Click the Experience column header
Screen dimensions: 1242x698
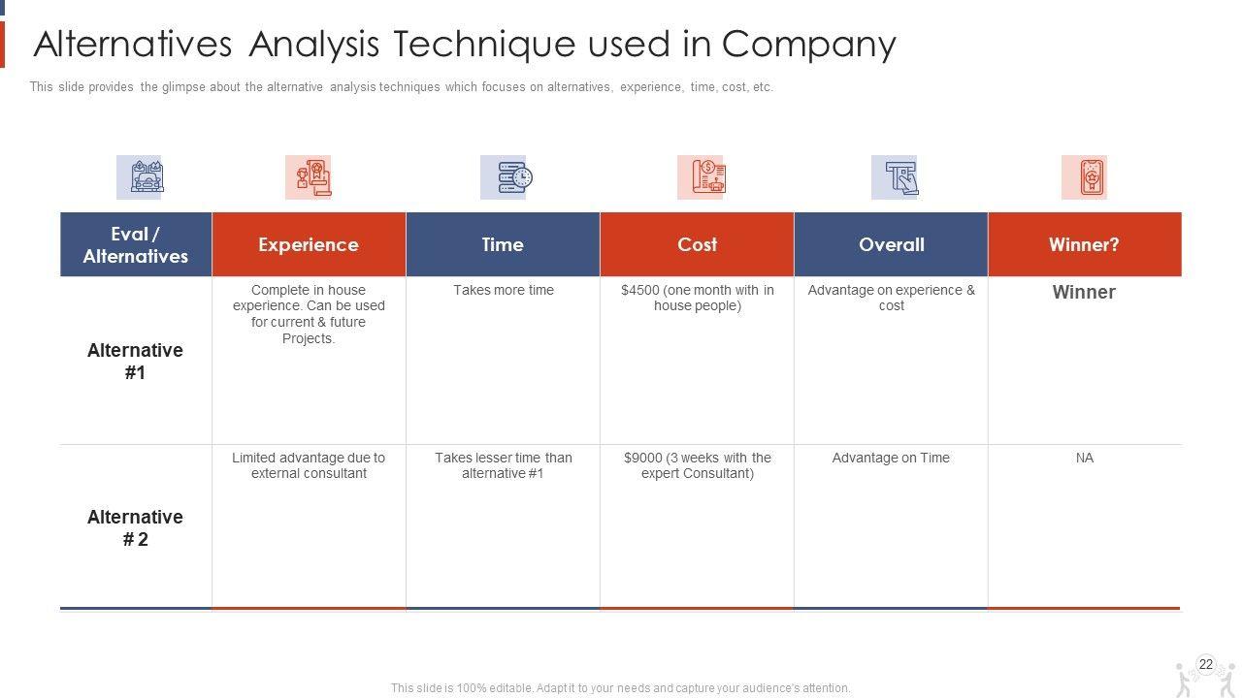[x=309, y=244]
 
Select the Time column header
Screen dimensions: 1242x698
[x=503, y=244]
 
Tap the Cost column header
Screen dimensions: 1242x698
[x=697, y=244]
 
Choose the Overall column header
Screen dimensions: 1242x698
[x=891, y=244]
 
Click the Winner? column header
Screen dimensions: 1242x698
[x=1085, y=244]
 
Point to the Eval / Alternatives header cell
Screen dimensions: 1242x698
[x=135, y=244]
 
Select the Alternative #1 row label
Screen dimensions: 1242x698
[x=135, y=362]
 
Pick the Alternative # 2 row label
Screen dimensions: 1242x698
[x=135, y=528]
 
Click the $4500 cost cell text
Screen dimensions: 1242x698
[x=698, y=298]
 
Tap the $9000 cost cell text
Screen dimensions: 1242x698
[x=698, y=465]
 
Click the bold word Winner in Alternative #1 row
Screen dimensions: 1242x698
[x=1084, y=292]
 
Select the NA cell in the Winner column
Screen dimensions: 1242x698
[x=1085, y=458]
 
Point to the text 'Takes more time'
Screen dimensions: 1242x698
[x=504, y=290]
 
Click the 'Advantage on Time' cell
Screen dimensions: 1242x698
[x=891, y=458]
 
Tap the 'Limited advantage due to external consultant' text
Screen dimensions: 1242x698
[x=309, y=465]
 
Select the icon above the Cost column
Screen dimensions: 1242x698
[x=702, y=177]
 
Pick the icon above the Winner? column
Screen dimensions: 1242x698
[x=1085, y=177]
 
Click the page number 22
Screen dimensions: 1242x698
[x=1205, y=664]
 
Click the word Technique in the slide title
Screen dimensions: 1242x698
[x=484, y=44]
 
